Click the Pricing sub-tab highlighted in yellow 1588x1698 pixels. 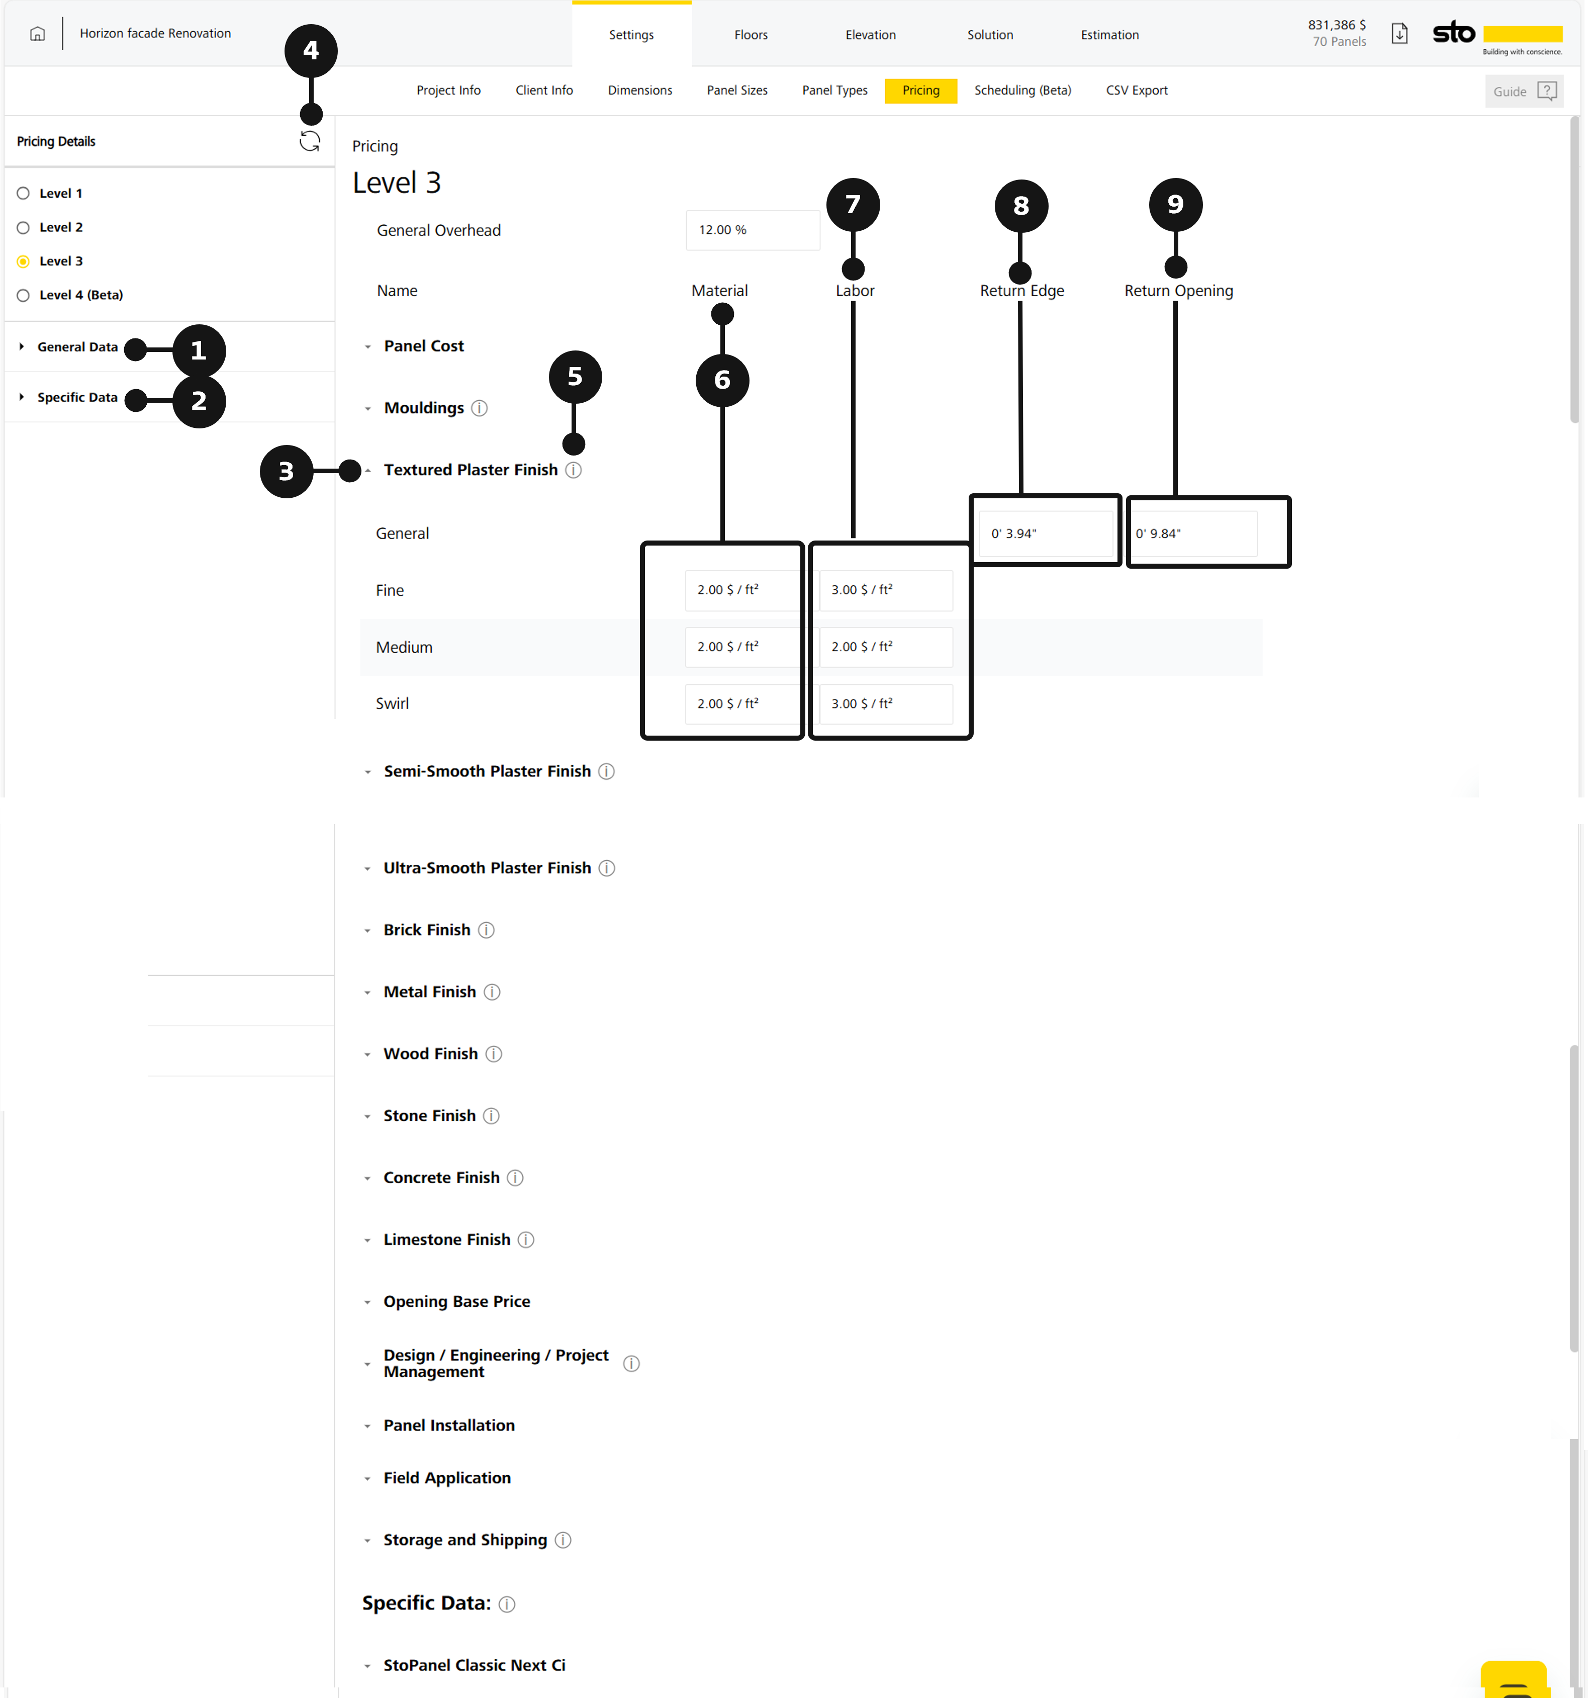click(920, 91)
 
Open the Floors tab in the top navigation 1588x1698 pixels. click(751, 35)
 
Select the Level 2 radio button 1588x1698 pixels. click(23, 227)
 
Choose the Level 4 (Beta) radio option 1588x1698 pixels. click(23, 296)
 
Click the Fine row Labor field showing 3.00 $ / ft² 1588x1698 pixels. click(885, 590)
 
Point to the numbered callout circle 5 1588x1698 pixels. click(575, 377)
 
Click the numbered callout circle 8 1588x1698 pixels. click(1021, 206)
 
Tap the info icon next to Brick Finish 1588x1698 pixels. click(486, 930)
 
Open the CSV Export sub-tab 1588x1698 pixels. click(1137, 91)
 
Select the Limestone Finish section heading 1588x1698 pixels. click(446, 1239)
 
